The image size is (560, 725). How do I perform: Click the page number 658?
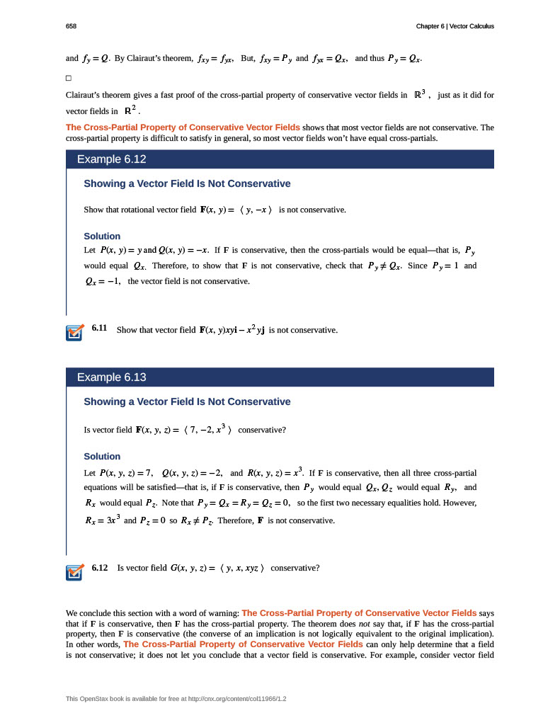(x=71, y=26)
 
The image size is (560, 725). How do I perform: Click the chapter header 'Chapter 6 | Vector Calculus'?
(x=455, y=26)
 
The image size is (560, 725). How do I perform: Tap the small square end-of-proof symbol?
(x=69, y=77)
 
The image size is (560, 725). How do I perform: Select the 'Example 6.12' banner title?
(x=111, y=159)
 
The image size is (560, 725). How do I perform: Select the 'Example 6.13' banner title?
(x=111, y=377)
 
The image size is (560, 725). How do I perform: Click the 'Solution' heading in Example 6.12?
(x=102, y=236)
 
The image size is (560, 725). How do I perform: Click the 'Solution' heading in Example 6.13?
(x=102, y=456)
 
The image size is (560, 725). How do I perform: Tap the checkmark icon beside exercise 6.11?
(x=74, y=332)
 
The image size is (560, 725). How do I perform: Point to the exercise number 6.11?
(x=99, y=329)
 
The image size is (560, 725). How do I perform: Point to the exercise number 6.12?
(x=99, y=567)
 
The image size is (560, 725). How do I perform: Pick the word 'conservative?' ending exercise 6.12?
(x=295, y=568)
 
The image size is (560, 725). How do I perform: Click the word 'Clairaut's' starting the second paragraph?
(x=84, y=95)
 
